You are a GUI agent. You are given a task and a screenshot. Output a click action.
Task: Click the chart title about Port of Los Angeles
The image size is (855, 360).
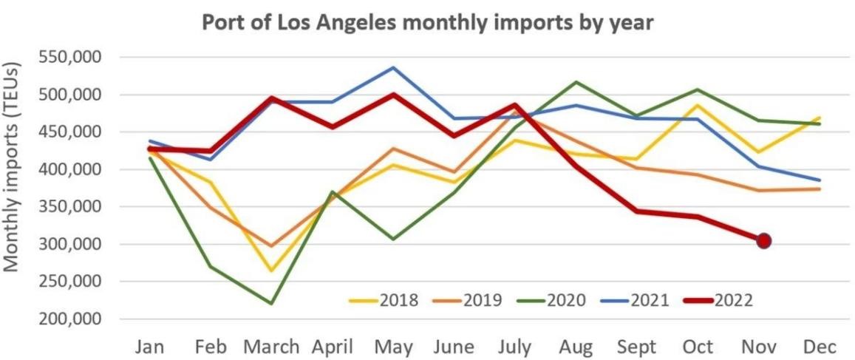(427, 22)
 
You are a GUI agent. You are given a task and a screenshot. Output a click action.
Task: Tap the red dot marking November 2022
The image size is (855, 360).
(764, 240)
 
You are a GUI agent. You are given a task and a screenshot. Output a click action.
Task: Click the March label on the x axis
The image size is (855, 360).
(271, 347)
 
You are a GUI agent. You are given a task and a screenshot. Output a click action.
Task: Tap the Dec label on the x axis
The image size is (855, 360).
(820, 347)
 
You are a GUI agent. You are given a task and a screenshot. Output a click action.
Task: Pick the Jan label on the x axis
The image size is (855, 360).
(151, 347)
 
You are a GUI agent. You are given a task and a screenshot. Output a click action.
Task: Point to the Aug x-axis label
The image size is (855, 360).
(576, 347)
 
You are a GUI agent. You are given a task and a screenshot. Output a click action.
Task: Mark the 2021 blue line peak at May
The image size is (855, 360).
(394, 68)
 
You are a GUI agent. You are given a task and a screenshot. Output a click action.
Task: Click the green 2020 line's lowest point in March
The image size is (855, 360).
(271, 304)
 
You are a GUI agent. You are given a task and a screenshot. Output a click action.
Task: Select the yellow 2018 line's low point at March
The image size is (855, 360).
(271, 271)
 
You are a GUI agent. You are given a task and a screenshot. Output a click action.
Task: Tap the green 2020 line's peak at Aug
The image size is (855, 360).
(576, 82)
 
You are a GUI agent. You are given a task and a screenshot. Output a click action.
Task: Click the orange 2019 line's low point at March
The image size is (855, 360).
(271, 245)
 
